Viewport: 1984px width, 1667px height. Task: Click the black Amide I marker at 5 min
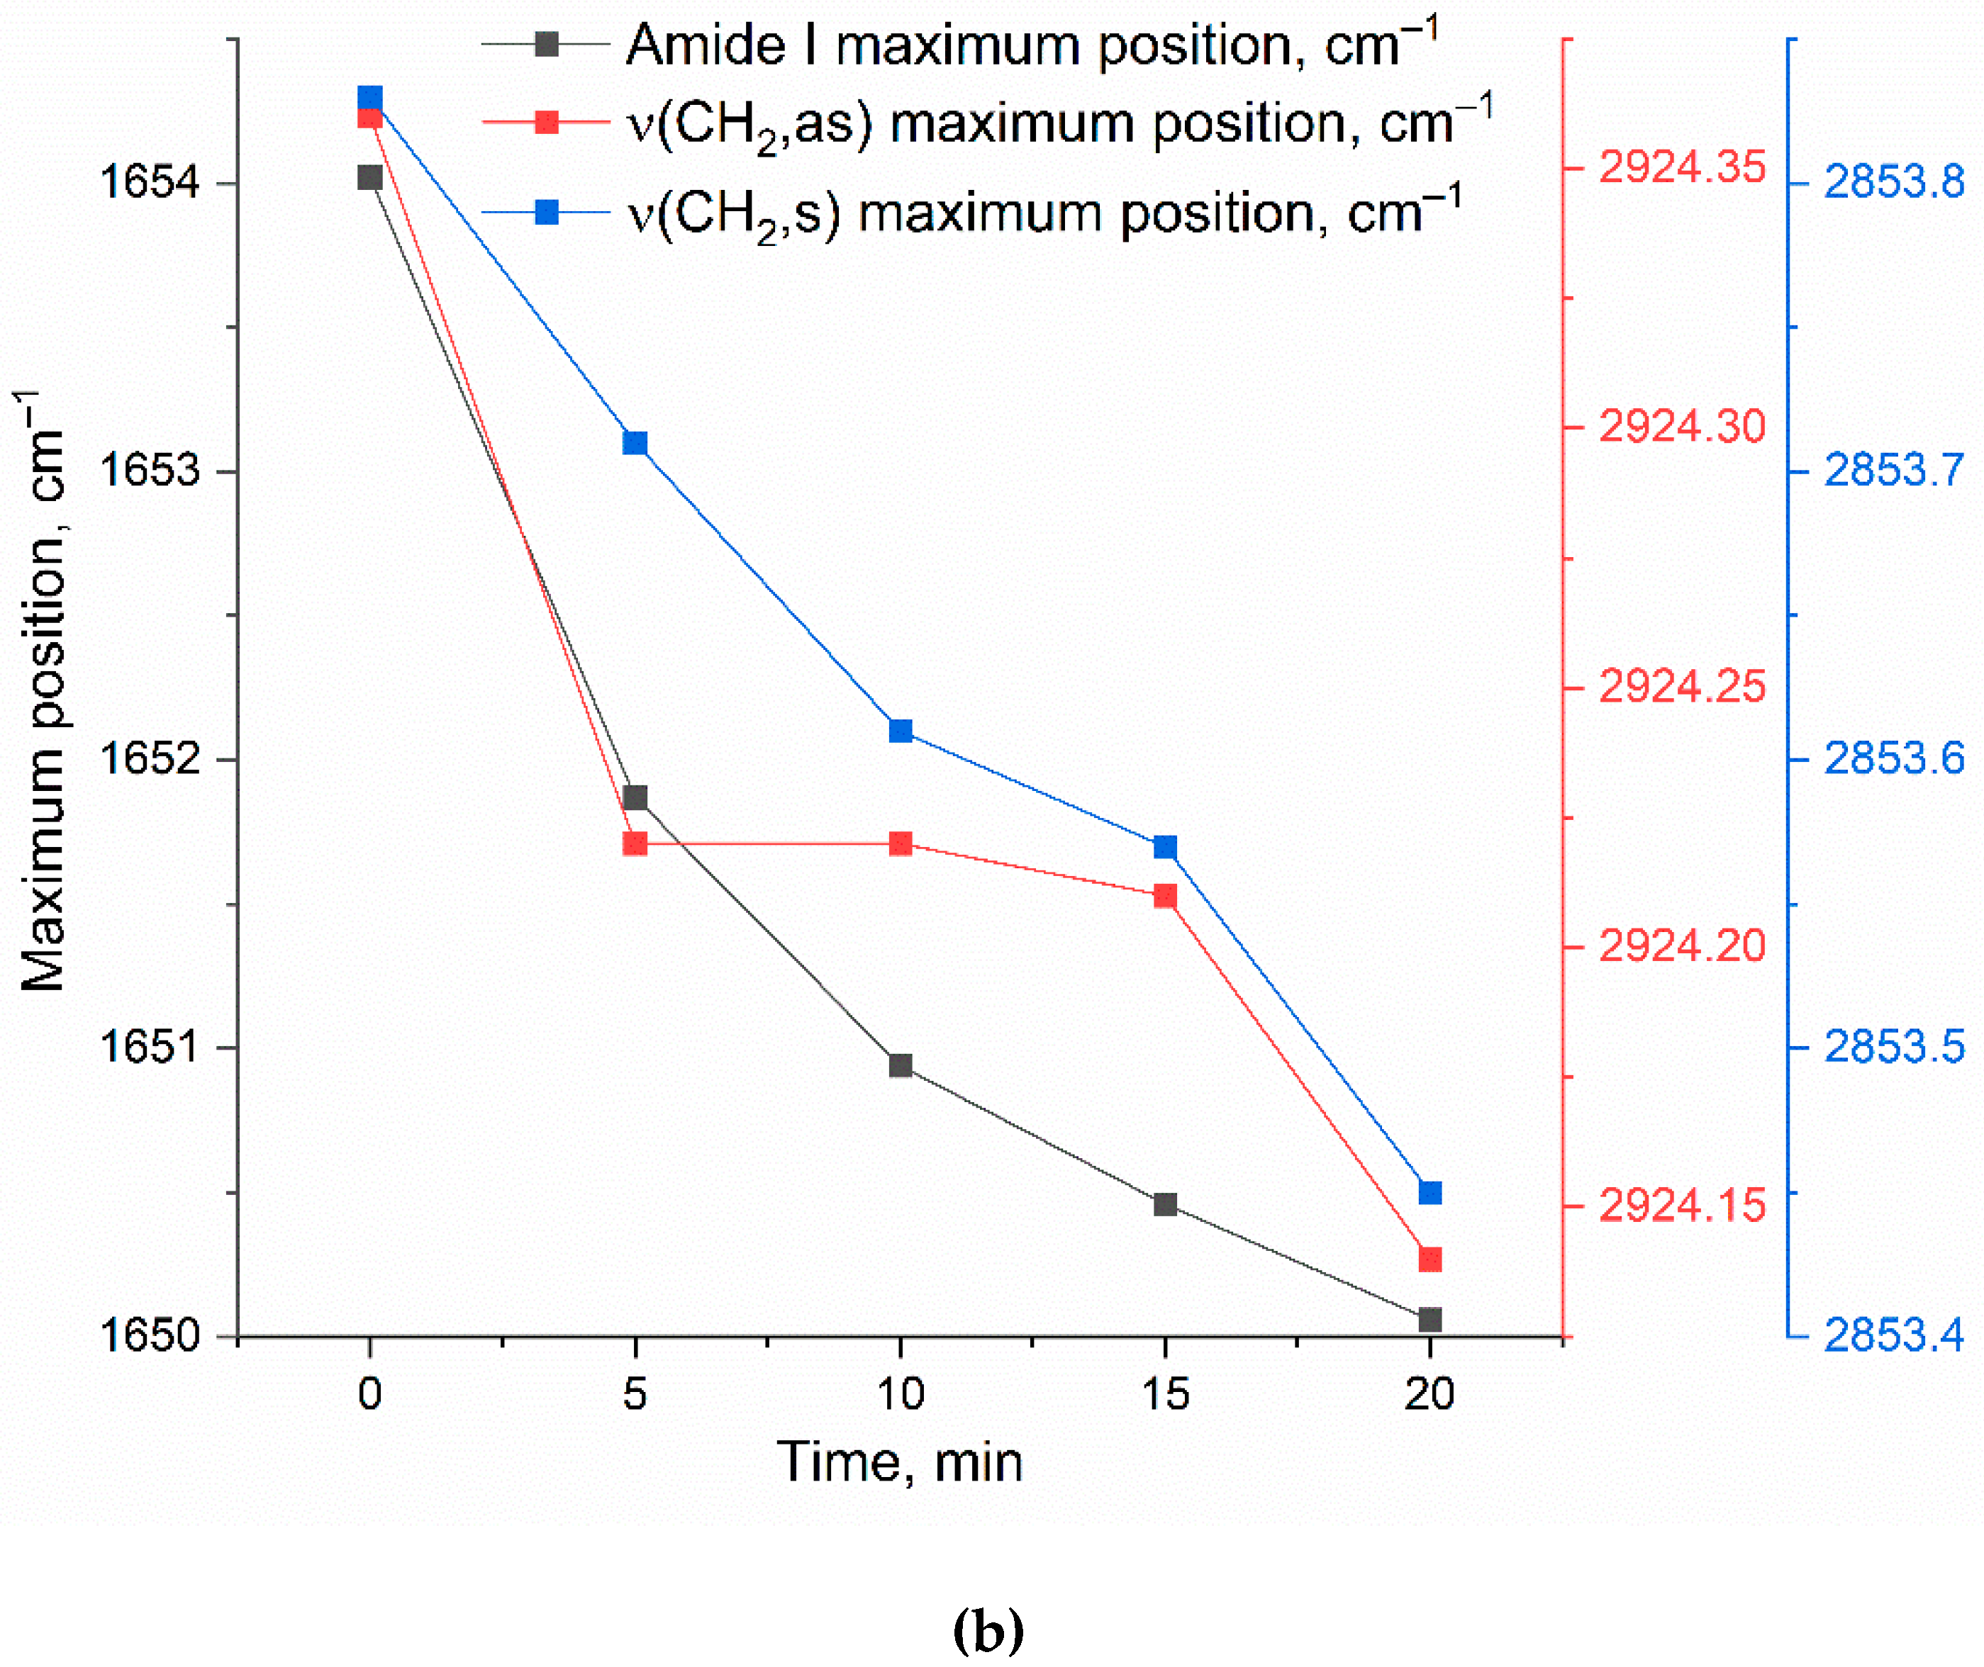pyautogui.click(x=635, y=797)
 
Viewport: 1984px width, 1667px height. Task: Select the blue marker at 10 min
pyautogui.click(x=901, y=731)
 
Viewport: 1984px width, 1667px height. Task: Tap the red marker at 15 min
pyautogui.click(x=1166, y=896)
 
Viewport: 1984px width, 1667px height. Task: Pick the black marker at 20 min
pyautogui.click(x=1430, y=1319)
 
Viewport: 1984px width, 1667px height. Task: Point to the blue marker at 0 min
pyautogui.click(x=369, y=99)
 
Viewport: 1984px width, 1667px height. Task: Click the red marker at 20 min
pyautogui.click(x=1430, y=1259)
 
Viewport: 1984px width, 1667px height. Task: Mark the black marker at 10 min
pyautogui.click(x=901, y=1066)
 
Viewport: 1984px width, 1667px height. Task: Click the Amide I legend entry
pyautogui.click(x=1030, y=45)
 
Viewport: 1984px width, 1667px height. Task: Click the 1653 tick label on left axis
pyautogui.click(x=150, y=470)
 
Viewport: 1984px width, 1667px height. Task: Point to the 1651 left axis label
pyautogui.click(x=150, y=1046)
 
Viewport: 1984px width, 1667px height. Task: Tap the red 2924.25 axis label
pyautogui.click(x=1681, y=686)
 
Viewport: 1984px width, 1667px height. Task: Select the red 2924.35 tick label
pyautogui.click(x=1681, y=167)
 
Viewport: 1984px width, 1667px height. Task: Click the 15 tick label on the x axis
pyautogui.click(x=1166, y=1393)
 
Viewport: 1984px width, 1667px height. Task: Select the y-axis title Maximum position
pyautogui.click(x=43, y=690)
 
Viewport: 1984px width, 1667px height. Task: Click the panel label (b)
pyautogui.click(x=988, y=1629)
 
